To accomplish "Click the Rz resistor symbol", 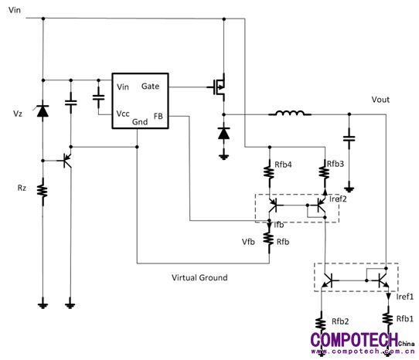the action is coord(43,192).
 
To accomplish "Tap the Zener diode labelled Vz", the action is coord(43,111).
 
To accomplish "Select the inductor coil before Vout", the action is coord(290,114).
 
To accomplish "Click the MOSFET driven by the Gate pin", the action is coord(219,87).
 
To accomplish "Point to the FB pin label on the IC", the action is coord(158,116).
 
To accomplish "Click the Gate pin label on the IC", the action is coord(150,86).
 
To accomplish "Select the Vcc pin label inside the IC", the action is coord(123,114).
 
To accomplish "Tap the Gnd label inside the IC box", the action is coord(140,122).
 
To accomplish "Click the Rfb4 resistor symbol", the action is coord(269,172).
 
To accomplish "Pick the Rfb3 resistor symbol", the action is coord(324,172).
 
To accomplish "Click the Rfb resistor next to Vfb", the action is coord(268,239).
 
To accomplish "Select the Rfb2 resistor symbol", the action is coord(321,323).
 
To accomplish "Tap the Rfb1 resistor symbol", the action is coord(388,319).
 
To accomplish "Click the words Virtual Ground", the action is coord(199,278).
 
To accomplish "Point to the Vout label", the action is coord(380,100).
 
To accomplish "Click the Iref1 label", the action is coord(405,297).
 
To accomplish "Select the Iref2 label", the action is coord(338,199).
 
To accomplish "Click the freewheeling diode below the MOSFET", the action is coord(223,133).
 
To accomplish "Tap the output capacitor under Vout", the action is coord(349,138).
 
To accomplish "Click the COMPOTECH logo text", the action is coord(354,340).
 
